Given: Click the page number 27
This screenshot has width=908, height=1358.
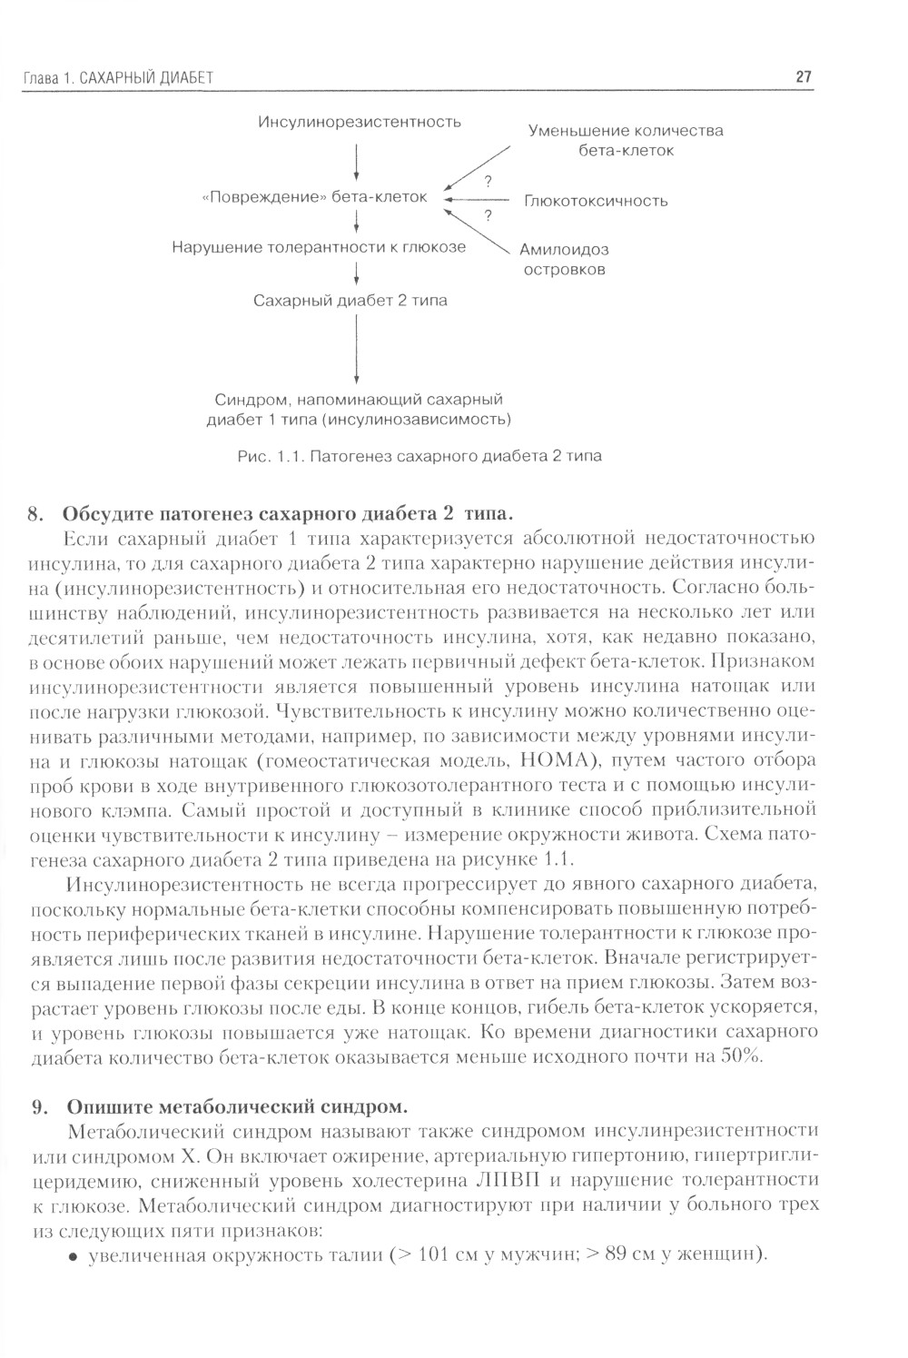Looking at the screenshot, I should [803, 78].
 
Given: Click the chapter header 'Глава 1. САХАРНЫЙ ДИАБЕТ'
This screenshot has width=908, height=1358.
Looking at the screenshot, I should [117, 79].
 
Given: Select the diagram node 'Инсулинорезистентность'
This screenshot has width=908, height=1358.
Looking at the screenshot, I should [360, 122].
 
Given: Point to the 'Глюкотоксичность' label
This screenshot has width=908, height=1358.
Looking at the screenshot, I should [596, 201].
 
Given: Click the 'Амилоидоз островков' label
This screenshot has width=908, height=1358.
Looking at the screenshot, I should [564, 259].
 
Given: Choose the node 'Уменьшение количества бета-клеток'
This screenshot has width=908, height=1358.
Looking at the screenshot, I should [626, 140].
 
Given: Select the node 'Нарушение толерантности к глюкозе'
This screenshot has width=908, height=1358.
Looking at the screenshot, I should [319, 247].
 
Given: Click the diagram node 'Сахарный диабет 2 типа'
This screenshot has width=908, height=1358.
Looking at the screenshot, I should [350, 300].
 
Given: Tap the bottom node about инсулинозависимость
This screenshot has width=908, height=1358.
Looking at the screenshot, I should [359, 409].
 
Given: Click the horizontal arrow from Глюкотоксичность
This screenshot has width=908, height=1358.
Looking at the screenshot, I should [478, 199].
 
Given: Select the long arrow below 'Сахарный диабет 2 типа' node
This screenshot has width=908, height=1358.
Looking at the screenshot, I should [357, 351].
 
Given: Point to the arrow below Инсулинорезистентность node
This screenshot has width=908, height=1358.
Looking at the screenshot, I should [357, 161].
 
